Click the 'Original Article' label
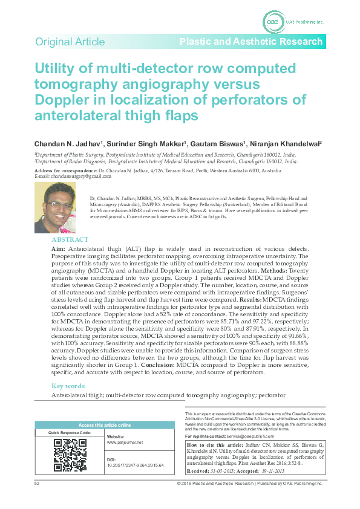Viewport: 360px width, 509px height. [x=70, y=42]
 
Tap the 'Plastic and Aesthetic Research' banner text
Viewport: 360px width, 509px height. [x=250, y=42]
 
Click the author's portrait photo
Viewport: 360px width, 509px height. [x=55, y=208]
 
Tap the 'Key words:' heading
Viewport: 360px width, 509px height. [x=70, y=386]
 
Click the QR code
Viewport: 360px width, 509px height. [x=70, y=455]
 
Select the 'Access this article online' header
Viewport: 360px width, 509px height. [x=105, y=425]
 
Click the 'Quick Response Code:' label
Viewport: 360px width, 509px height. [x=70, y=433]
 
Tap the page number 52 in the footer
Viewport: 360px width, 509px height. [x=37, y=484]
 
